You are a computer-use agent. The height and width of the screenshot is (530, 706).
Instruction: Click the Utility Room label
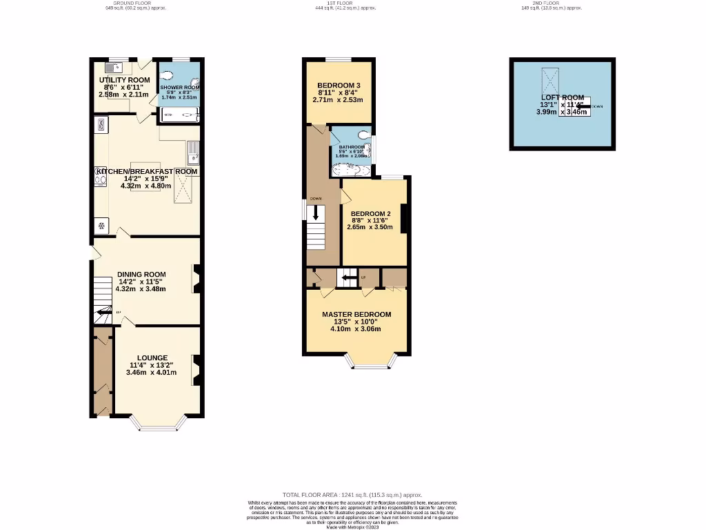coord(124,80)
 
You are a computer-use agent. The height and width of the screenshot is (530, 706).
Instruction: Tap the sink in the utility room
coord(113,67)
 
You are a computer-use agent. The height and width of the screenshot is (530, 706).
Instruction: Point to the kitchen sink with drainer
coord(193,151)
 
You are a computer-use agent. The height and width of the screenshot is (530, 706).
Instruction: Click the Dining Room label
coord(141,274)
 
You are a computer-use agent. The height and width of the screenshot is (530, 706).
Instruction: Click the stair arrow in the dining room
coord(103,313)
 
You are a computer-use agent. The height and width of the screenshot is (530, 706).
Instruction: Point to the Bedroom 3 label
coord(339,85)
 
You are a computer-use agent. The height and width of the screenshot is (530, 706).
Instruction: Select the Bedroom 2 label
coord(370,214)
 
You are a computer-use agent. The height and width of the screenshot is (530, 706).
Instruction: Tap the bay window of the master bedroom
coord(372,362)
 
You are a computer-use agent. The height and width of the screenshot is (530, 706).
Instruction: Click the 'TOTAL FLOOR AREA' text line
coord(352,495)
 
